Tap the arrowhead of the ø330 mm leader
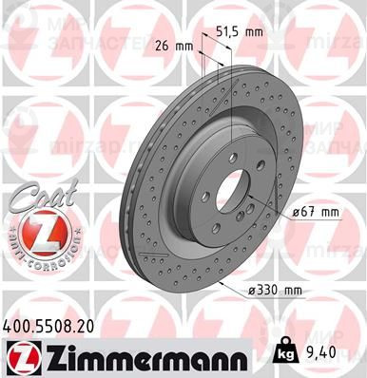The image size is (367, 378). click(x=220, y=282)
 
